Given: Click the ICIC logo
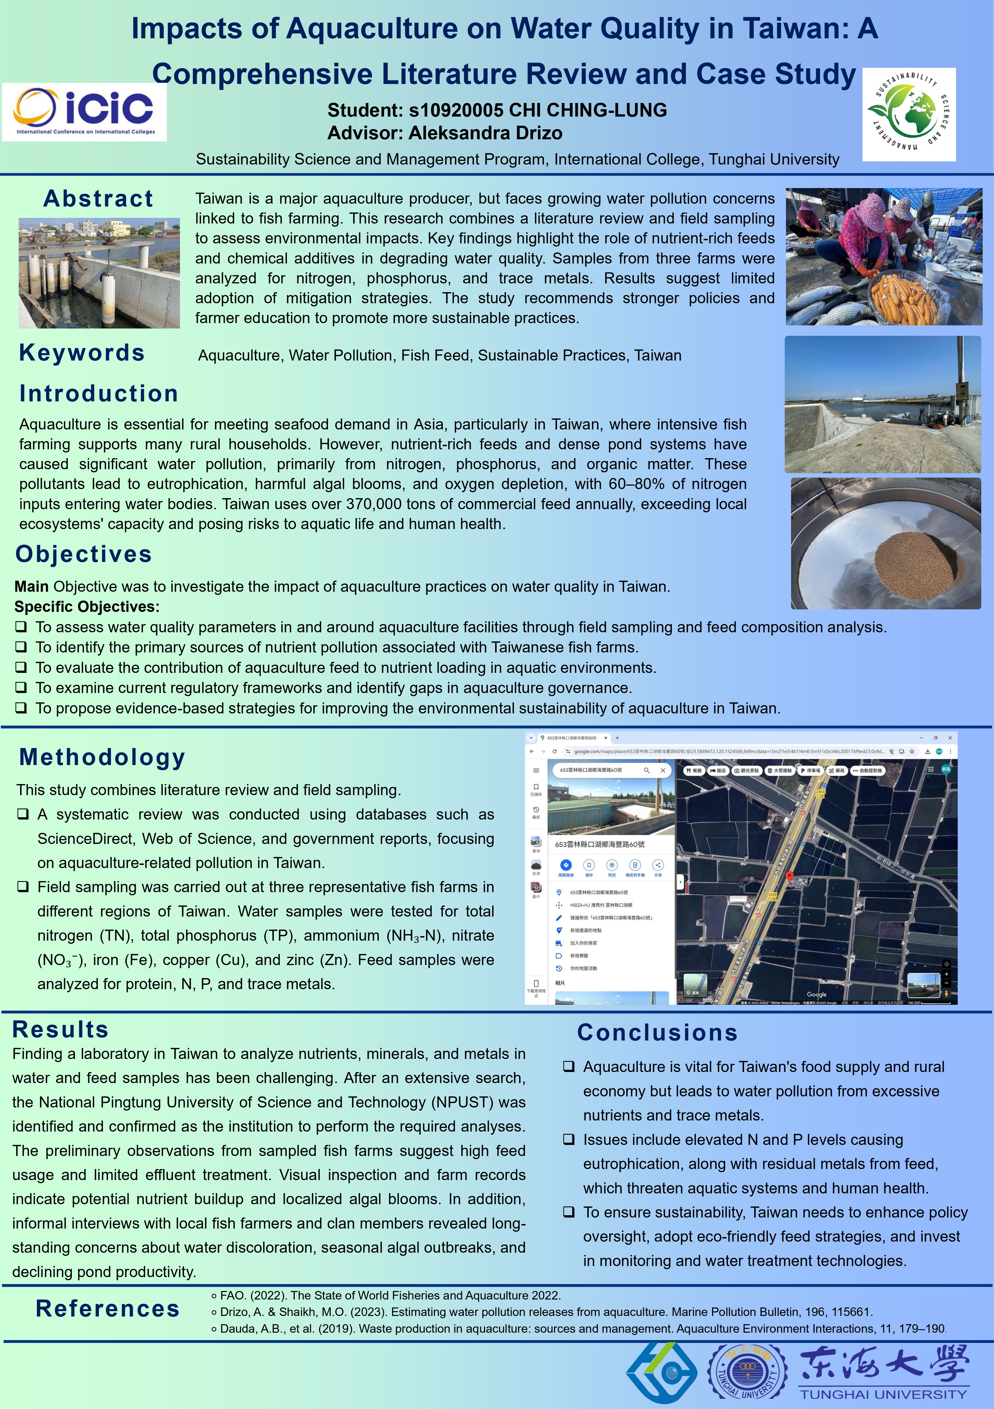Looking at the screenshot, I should click(x=84, y=112).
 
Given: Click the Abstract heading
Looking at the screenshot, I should click(x=98, y=199).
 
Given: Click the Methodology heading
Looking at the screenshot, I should click(x=102, y=757).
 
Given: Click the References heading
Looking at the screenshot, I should click(x=107, y=1308).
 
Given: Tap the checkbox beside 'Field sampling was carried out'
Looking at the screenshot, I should click(x=23, y=887).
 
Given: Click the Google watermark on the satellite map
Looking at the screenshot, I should click(x=816, y=994).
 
